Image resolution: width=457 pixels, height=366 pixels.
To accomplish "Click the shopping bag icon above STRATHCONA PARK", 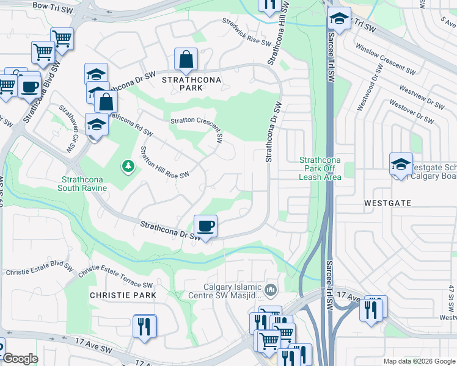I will pyautogui.click(x=186, y=60).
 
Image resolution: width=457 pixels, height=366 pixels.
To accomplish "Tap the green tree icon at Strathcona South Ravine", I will pyautogui.click(x=128, y=166).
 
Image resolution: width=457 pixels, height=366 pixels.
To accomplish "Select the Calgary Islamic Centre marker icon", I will pyautogui.click(x=272, y=288).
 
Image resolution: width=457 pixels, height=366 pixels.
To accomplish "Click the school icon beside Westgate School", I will pyautogui.click(x=401, y=164).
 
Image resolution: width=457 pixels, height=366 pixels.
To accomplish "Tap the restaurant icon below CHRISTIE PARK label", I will pyautogui.click(x=144, y=326).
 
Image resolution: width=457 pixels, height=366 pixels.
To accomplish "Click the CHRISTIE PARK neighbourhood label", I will pyautogui.click(x=123, y=295).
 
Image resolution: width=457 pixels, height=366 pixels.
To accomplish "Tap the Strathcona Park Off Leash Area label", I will pyautogui.click(x=320, y=169).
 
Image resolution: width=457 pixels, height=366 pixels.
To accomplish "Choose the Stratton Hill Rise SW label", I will pyautogui.click(x=164, y=162).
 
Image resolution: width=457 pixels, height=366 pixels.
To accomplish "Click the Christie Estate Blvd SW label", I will pyautogui.click(x=35, y=272).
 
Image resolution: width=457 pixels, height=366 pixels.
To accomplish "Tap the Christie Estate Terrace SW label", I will pyautogui.click(x=115, y=276).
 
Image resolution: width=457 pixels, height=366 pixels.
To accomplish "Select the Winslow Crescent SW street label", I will pyautogui.click(x=386, y=59).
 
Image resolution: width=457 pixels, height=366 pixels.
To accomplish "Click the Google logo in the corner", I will pyautogui.click(x=20, y=359).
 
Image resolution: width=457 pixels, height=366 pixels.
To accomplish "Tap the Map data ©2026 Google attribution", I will pyautogui.click(x=419, y=361).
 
